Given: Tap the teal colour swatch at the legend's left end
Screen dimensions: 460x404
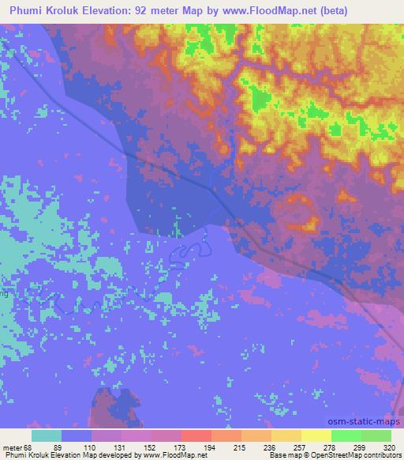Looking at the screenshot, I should tap(46, 435).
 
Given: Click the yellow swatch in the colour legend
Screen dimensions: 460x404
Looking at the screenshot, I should tap(316, 435).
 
